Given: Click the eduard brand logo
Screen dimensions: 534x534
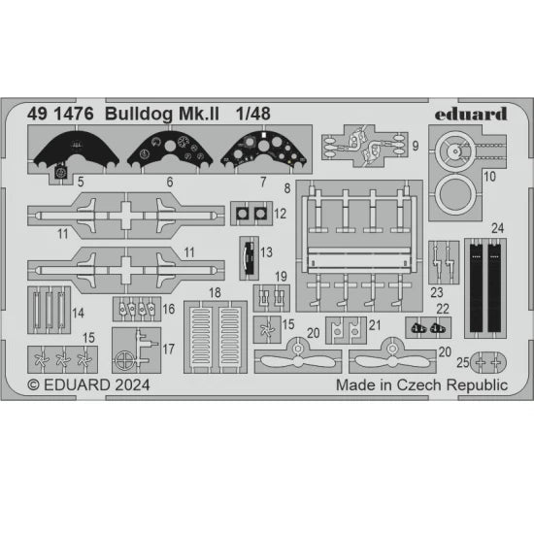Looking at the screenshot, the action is coord(471,115).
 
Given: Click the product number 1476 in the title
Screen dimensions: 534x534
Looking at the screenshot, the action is coord(74,114).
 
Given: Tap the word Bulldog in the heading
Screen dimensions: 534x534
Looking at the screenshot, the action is coord(139,115).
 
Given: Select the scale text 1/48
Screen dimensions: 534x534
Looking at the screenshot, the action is coord(253,114).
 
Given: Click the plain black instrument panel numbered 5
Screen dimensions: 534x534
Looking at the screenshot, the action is coord(76,148).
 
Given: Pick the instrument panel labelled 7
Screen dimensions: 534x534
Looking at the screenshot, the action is coord(264,148).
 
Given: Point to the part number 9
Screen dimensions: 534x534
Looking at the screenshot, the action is coord(416,146).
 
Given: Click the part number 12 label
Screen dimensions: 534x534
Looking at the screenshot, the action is coord(280,214).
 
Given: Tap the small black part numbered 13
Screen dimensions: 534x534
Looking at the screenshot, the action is coord(250,258).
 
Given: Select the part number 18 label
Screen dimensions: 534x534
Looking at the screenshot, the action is coord(215,292).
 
